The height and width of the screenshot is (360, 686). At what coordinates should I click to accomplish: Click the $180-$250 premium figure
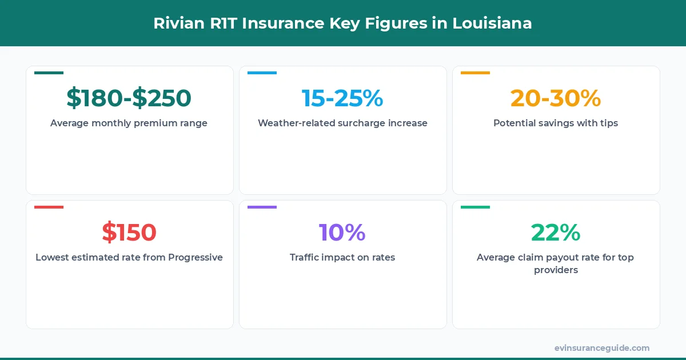pyautogui.click(x=129, y=98)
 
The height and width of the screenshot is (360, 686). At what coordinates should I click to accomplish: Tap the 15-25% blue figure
pyautogui.click(x=342, y=98)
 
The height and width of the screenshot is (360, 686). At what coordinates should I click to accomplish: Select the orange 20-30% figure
pyautogui.click(x=556, y=98)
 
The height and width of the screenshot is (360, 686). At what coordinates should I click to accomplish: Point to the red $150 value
pyautogui.click(x=129, y=233)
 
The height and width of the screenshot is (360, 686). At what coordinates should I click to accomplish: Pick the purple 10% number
pyautogui.click(x=342, y=233)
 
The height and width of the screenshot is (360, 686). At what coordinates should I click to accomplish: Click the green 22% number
pyautogui.click(x=556, y=233)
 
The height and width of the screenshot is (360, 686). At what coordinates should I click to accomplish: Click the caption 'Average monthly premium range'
pyautogui.click(x=129, y=123)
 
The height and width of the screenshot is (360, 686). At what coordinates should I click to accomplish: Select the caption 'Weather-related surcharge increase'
pyautogui.click(x=342, y=123)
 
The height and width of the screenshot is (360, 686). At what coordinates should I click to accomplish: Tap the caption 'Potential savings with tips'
pyautogui.click(x=556, y=123)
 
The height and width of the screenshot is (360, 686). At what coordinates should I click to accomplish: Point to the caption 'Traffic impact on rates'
pyautogui.click(x=342, y=257)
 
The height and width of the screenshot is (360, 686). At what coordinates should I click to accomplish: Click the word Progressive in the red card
pyautogui.click(x=195, y=257)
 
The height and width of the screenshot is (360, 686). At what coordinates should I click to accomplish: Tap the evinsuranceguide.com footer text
pyautogui.click(x=602, y=348)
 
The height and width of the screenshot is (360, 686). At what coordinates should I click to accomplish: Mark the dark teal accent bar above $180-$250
pyautogui.click(x=49, y=73)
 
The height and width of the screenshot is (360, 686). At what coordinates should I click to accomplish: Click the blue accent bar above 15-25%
pyautogui.click(x=262, y=73)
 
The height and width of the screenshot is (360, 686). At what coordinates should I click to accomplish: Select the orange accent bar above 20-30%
pyautogui.click(x=475, y=73)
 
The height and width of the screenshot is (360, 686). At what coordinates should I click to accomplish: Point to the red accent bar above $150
pyautogui.click(x=49, y=207)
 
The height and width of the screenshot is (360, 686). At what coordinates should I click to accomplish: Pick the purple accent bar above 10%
pyautogui.click(x=262, y=207)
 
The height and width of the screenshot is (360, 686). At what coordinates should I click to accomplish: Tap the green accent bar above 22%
pyautogui.click(x=475, y=207)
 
